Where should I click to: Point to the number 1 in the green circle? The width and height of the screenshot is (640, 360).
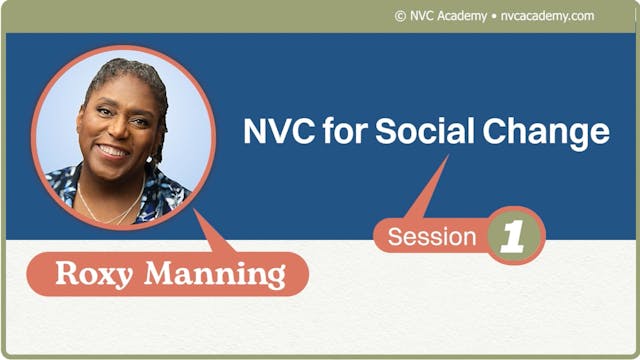[513, 236]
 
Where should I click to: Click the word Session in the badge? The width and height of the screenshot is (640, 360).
[432, 237]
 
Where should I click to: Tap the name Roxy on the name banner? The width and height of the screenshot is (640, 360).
[95, 273]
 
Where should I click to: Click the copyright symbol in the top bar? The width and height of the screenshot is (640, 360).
[400, 16]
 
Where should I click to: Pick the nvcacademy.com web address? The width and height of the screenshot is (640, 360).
[547, 16]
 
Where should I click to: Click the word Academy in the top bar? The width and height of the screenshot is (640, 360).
[461, 16]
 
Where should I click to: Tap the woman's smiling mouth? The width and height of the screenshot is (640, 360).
[112, 151]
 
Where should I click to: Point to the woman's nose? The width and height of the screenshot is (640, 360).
[113, 133]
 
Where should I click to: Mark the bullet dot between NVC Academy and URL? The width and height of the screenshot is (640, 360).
[493, 16]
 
